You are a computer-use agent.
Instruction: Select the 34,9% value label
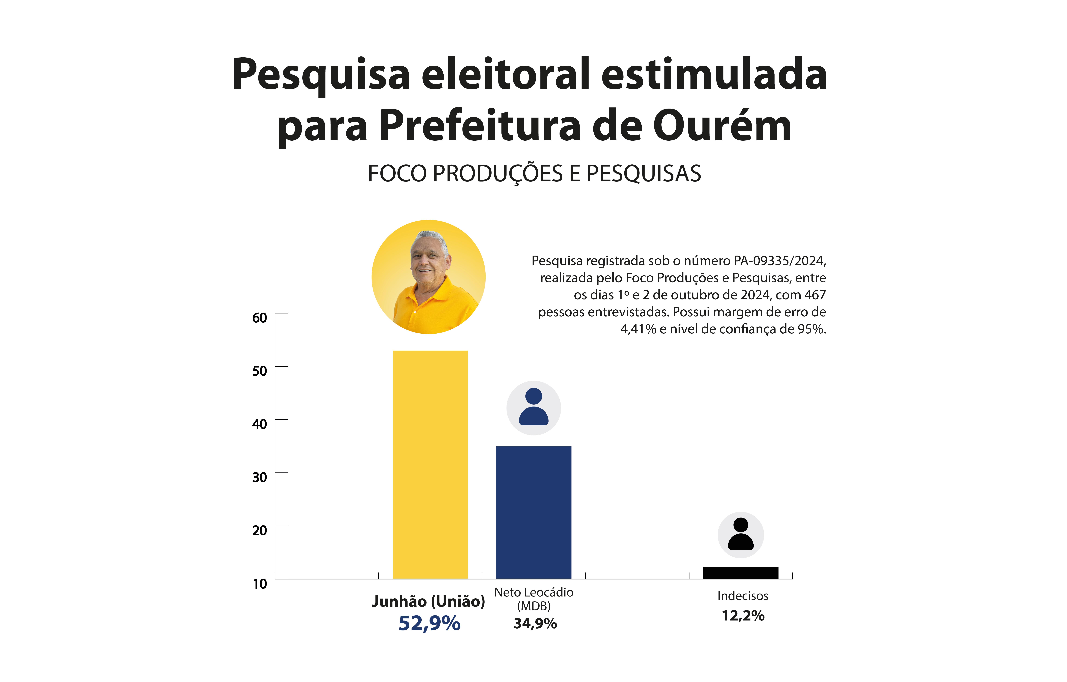pyautogui.click(x=535, y=623)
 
